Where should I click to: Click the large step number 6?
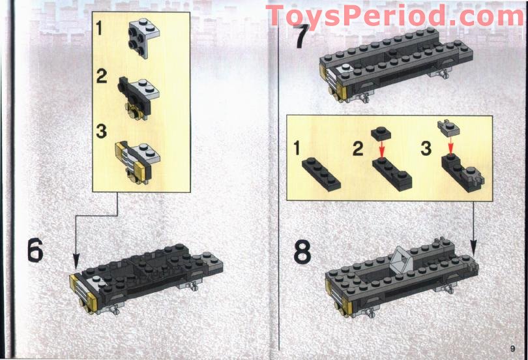point(35,250)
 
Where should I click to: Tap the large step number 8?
point(302,252)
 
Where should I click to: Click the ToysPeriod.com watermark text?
point(394,16)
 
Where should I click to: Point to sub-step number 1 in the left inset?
point(100,29)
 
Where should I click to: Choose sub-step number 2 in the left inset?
point(101,77)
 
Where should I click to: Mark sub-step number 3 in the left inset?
point(101,130)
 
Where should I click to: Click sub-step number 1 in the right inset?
point(297,149)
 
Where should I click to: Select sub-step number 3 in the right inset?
point(426,149)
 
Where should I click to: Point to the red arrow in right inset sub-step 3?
point(450,146)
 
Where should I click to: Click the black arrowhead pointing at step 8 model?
point(474,248)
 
